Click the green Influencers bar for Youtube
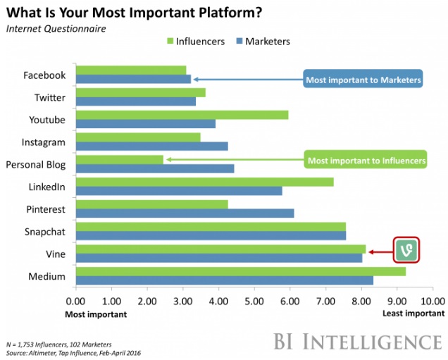(x=182, y=115)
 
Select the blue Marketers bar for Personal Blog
(x=155, y=168)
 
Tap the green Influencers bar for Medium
(x=240, y=271)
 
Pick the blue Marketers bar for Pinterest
(x=185, y=213)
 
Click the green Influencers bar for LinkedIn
(x=204, y=182)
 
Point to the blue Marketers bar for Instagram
(x=151, y=146)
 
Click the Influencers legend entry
(x=194, y=41)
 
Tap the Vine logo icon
(x=406, y=250)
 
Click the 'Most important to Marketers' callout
(x=363, y=80)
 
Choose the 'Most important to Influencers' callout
(x=366, y=161)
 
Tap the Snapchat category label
(x=45, y=232)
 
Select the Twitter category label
(x=49, y=97)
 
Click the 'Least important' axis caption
(x=413, y=314)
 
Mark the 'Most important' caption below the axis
(x=97, y=314)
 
